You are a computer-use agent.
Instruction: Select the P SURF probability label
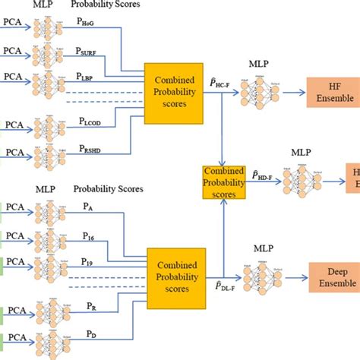[87, 52]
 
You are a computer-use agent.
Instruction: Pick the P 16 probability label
[84, 237]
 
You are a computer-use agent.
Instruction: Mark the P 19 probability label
[84, 261]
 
